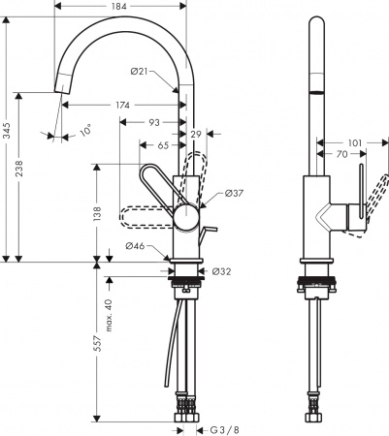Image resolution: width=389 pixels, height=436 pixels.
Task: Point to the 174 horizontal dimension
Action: coord(123,105)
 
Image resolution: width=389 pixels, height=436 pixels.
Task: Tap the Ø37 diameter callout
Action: coord(234,194)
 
